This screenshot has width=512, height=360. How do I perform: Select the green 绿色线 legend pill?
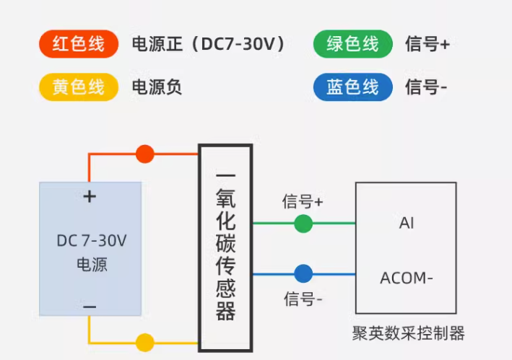tap(352, 44)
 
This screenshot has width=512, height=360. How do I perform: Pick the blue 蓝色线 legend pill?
tap(352, 87)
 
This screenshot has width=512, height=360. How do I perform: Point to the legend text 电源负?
tap(156, 87)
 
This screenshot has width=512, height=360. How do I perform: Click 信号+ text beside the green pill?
tap(428, 44)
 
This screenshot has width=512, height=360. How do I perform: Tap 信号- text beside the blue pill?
tap(426, 87)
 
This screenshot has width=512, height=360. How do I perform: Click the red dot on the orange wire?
tap(145, 153)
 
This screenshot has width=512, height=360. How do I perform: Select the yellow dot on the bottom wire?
tap(145, 342)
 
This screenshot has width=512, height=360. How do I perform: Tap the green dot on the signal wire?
tap(303, 224)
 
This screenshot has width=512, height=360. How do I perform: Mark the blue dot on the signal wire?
tap(303, 273)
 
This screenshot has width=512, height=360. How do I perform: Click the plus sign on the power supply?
tap(90, 196)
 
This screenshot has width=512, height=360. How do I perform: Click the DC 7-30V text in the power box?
tap(91, 240)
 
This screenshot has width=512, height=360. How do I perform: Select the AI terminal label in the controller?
tap(407, 223)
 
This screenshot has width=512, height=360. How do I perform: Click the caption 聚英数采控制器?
tap(408, 333)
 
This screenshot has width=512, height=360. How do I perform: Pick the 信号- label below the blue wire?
tap(303, 299)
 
